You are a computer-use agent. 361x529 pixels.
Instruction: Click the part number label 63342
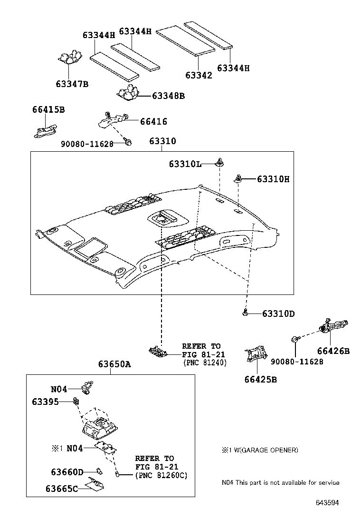(x=199, y=75)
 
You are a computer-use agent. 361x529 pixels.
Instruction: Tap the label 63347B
(x=72, y=84)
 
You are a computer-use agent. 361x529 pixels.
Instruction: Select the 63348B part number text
(x=168, y=96)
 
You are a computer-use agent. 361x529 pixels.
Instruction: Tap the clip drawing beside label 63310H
(x=239, y=179)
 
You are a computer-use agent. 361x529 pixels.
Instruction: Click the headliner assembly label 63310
(x=162, y=141)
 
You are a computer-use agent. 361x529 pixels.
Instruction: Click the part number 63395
(x=46, y=402)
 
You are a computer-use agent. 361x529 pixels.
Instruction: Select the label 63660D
(x=67, y=472)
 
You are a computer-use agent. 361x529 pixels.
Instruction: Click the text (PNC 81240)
(x=205, y=362)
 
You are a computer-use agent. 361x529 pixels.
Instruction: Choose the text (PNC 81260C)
(x=161, y=475)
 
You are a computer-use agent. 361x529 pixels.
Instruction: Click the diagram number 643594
(x=328, y=502)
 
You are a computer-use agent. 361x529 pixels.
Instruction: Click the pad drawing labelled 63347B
(x=71, y=58)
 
